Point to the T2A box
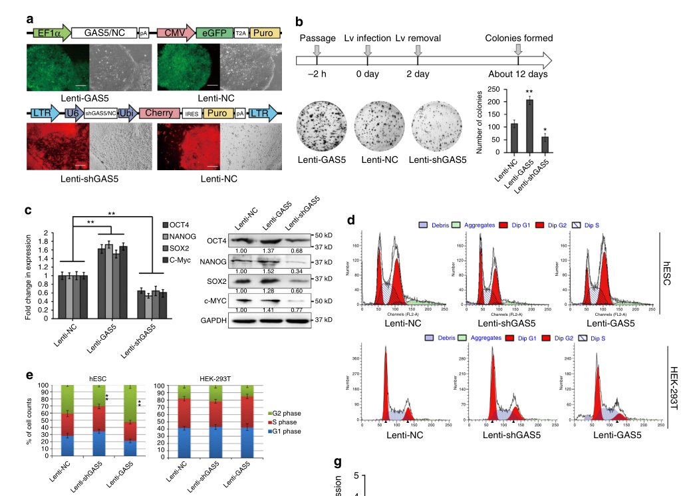[x=241, y=33]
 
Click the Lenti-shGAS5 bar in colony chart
[x=545, y=144]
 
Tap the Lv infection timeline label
[x=367, y=38]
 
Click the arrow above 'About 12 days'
[x=517, y=50]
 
